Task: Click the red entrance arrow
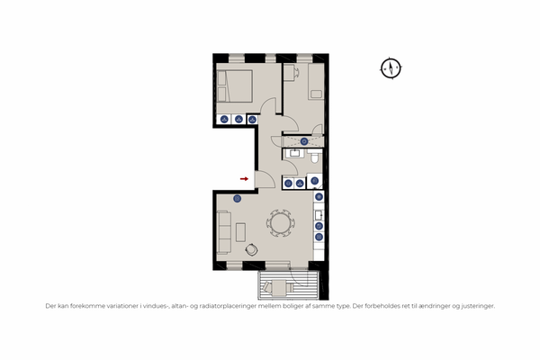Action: (244, 179)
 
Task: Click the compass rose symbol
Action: (391, 68)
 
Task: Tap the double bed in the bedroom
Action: (235, 86)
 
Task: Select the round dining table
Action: (280, 223)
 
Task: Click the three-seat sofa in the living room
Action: (223, 232)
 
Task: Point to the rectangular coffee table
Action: (240, 232)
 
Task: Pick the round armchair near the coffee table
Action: (252, 249)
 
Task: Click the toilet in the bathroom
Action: (314, 157)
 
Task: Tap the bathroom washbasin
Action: (294, 153)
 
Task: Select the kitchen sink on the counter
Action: (319, 215)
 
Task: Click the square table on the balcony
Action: (279, 288)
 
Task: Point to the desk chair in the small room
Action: (296, 73)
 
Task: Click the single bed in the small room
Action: (316, 81)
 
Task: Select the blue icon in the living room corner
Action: (237, 198)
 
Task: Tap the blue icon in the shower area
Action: (304, 141)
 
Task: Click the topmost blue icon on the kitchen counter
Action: (319, 197)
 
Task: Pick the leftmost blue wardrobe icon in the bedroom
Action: (224, 120)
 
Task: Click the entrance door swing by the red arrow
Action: (267, 179)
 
